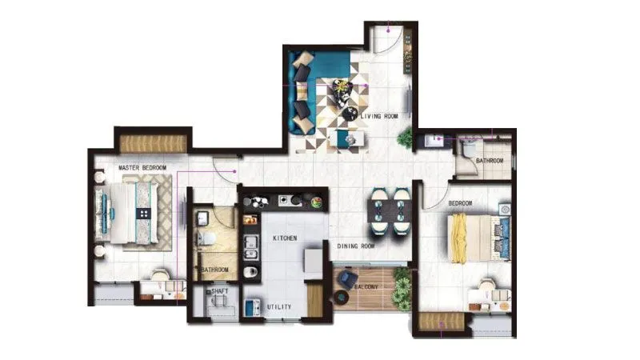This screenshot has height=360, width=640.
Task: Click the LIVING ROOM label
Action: coord(379,117)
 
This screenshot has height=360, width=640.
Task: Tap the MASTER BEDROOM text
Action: coord(142,168)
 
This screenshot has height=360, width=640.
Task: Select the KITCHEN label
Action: coord(285,239)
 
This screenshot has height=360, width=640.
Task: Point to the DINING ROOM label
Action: coord(356,246)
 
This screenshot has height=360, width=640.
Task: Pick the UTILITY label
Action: coord(280,307)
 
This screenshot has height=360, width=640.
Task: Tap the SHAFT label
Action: coord(219,292)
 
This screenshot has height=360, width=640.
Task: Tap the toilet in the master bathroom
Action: coord(207,238)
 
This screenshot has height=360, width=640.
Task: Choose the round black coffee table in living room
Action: coord(350,114)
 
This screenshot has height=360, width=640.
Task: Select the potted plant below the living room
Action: coord(405,137)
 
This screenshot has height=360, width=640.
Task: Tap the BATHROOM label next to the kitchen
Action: coord(214,270)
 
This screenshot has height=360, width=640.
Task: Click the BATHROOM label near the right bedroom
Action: coord(490,161)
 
